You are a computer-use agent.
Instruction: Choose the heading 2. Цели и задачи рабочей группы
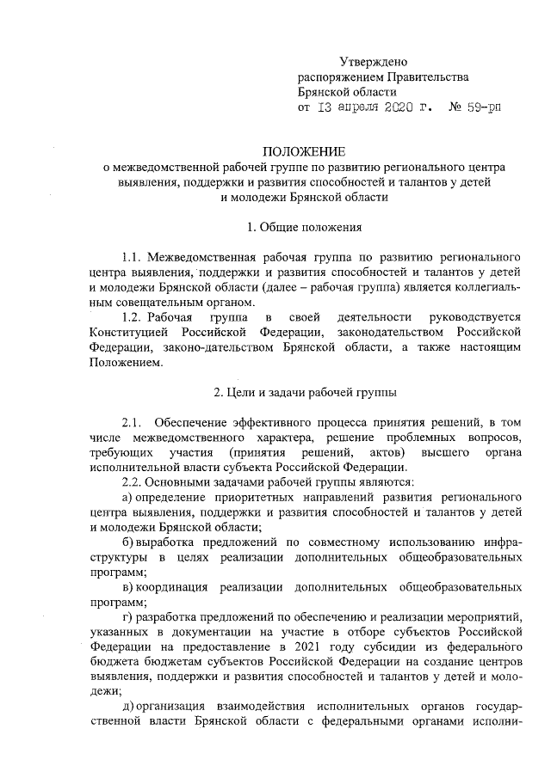tap(305, 392)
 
